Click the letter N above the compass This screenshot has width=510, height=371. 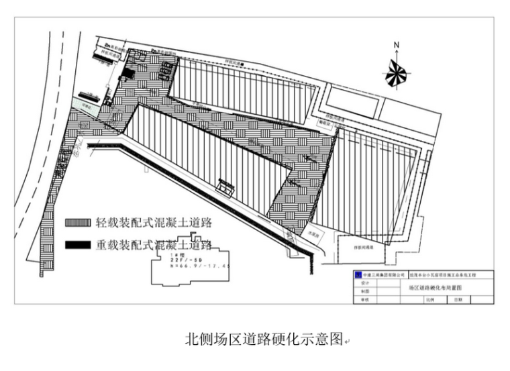pos(397,45)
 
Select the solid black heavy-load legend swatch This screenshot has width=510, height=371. pos(78,245)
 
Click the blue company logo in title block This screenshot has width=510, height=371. pos(357,275)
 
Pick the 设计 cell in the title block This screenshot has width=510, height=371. pos(365,284)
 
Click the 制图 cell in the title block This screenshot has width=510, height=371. pos(365,292)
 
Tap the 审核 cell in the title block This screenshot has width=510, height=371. pos(365,300)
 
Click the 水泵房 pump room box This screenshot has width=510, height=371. pos(313,234)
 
